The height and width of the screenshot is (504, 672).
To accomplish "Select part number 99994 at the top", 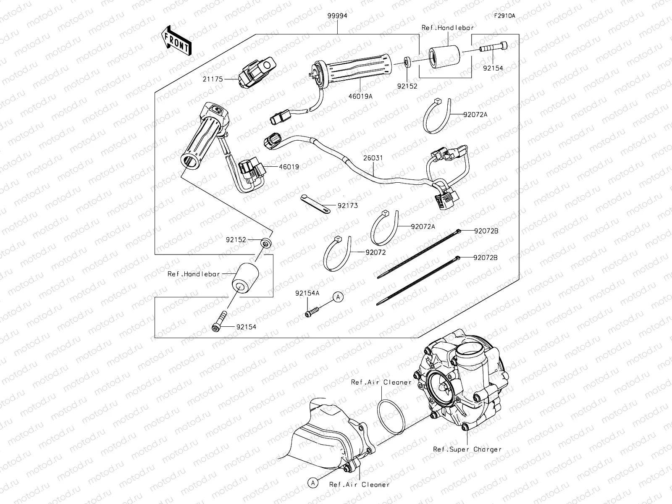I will point(338,16).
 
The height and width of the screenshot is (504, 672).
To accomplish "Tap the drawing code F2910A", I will point(504,16).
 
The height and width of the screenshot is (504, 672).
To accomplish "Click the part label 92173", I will point(348,206).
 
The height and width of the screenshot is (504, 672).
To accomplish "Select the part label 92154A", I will point(307,293).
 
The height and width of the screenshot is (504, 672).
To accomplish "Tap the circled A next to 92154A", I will point(339,297).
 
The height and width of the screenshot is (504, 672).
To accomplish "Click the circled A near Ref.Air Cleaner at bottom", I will point(312,483).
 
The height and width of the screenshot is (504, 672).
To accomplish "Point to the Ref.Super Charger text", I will point(467,449).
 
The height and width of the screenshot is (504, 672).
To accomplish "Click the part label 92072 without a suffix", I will point(375,252).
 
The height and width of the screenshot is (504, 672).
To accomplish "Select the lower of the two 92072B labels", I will point(486,257).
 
